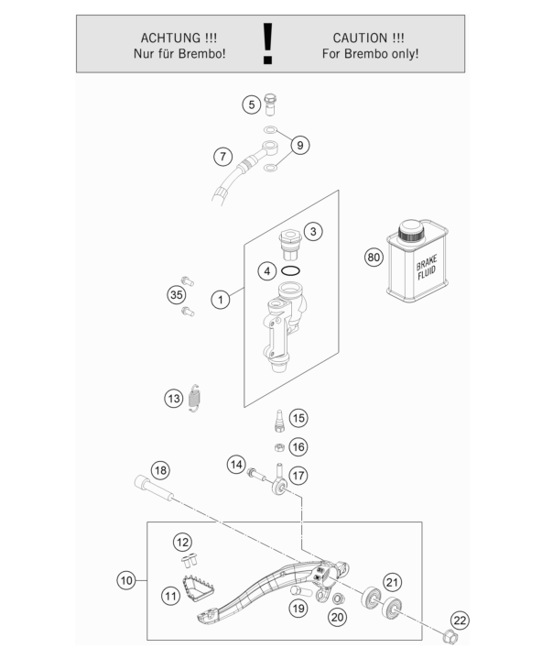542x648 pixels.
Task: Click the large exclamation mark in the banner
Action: (x=268, y=43)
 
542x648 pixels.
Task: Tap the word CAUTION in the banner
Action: (x=361, y=38)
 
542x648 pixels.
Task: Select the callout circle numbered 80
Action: (x=374, y=257)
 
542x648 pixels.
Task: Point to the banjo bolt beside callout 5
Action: (x=270, y=104)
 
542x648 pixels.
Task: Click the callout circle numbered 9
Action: (x=300, y=145)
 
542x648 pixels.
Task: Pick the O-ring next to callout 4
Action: (x=290, y=271)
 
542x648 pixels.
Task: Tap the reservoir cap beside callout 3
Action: (x=290, y=245)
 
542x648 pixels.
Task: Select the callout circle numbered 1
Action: (x=221, y=300)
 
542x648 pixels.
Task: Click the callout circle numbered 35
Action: (x=177, y=294)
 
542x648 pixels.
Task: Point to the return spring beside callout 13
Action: (x=194, y=398)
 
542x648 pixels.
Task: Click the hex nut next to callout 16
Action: (x=279, y=447)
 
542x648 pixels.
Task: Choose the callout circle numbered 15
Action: (x=298, y=418)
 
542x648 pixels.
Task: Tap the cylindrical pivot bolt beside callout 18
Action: (x=154, y=489)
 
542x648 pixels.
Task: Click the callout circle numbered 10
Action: (x=126, y=580)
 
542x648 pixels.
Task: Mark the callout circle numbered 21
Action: (x=392, y=582)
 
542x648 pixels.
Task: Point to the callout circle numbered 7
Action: (x=222, y=157)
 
